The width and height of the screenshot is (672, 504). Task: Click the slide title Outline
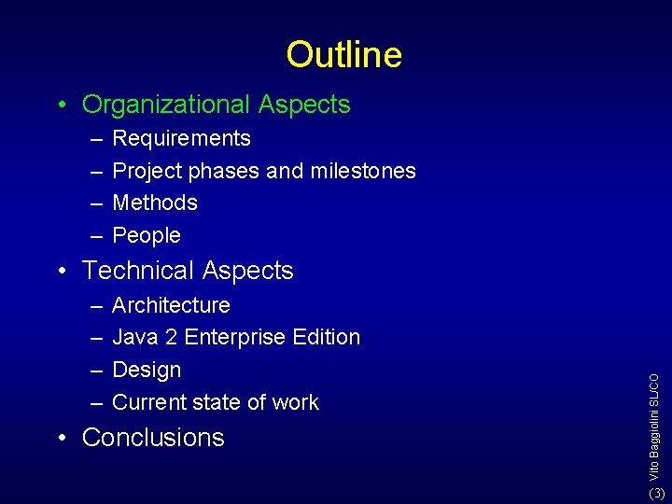[343, 54]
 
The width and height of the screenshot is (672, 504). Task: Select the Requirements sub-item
[181, 138]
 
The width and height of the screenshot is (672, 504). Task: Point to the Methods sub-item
[155, 203]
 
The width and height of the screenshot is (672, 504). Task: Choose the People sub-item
[147, 235]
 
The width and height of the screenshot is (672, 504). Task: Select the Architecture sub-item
[171, 305]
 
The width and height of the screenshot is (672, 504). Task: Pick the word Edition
[328, 337]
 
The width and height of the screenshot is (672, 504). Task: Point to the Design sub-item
[147, 370]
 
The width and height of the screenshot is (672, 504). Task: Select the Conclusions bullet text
[153, 438]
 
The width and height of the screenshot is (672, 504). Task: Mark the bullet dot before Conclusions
[61, 438]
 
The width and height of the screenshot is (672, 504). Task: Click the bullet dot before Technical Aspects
[61, 271]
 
